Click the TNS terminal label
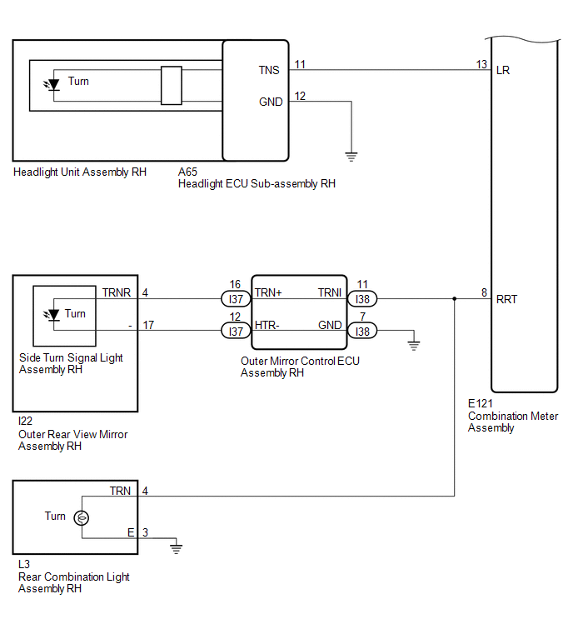pos(269,70)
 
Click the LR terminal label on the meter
pos(503,70)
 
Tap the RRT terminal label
pos(507,299)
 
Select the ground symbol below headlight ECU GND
pos(351,157)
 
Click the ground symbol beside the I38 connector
pos(414,346)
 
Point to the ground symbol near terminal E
pos(176,549)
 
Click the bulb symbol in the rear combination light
pos(82,518)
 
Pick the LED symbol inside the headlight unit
pos(52,85)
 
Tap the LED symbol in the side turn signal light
pos(52,315)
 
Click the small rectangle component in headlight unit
pos(172,86)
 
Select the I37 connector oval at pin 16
pos(236,299)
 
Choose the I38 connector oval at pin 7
pos(362,332)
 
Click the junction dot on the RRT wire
pos(454,299)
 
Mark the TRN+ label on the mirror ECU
pos(268,292)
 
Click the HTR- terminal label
pos(267,325)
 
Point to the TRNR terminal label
pos(117,292)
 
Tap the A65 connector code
pos(187,172)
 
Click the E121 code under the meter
pos(481,403)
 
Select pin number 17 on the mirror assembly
pos(148,325)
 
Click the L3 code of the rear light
pos(24,564)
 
